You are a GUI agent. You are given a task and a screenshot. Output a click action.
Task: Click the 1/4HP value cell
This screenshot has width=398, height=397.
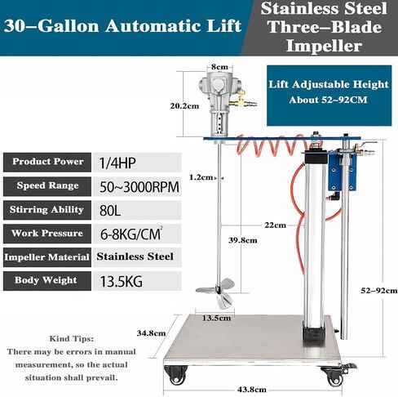pyautogui.click(x=137, y=163)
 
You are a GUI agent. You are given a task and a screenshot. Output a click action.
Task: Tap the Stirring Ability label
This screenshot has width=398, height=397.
pyautogui.click(x=47, y=210)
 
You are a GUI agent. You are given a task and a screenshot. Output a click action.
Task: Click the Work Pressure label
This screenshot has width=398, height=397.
pyautogui.click(x=47, y=234)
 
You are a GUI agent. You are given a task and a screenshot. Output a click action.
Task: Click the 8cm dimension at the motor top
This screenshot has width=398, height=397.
pyautogui.click(x=219, y=66)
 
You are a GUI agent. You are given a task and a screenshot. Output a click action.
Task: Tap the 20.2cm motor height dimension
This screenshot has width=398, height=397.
pyautogui.click(x=184, y=106)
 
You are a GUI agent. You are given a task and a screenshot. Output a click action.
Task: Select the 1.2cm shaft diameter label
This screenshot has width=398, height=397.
pyautogui.click(x=201, y=177)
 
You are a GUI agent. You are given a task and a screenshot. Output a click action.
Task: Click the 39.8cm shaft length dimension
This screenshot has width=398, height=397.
pyautogui.click(x=242, y=240)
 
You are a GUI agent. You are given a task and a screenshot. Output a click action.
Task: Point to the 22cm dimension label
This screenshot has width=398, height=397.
pyautogui.click(x=276, y=225)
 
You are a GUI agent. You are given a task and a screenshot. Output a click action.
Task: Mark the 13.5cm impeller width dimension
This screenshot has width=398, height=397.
pyautogui.click(x=216, y=318)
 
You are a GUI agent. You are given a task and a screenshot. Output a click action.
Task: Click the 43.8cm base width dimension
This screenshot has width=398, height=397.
pyautogui.click(x=252, y=390)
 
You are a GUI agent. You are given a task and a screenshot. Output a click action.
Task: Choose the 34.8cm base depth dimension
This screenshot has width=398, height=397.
pyautogui.click(x=151, y=333)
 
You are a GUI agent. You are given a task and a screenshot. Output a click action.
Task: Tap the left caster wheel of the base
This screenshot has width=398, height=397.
pyautogui.click(x=176, y=375)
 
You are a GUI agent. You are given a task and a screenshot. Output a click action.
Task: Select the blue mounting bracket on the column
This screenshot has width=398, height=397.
pyautogui.click(x=342, y=172)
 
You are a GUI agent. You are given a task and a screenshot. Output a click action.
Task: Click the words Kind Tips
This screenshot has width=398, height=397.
pyautogui.click(x=72, y=339)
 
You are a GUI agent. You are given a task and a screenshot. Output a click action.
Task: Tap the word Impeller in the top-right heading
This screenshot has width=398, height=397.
pyautogui.click(x=324, y=46)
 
